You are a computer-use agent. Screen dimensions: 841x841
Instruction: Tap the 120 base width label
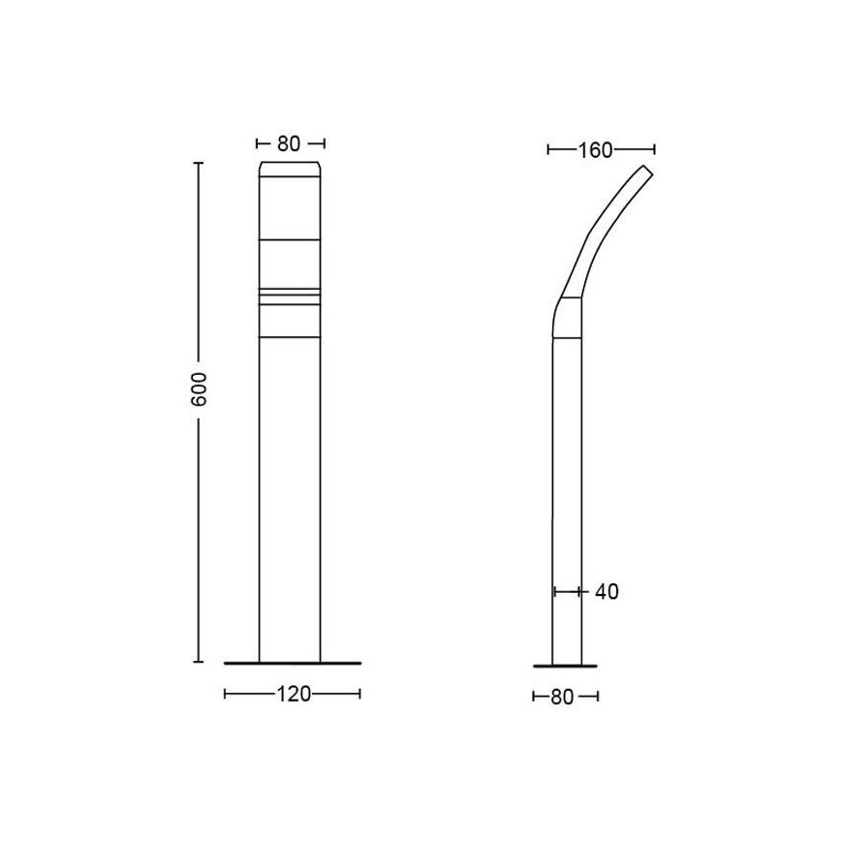294,694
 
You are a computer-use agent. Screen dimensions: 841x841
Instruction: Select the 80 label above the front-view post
289,144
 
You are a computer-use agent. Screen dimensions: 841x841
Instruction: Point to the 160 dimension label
597,150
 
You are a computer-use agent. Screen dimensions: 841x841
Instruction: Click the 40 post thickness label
606,591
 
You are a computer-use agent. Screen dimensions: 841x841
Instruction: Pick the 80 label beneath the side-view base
566,696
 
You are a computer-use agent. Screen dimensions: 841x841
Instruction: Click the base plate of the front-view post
292,663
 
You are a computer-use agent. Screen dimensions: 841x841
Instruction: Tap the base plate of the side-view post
565,665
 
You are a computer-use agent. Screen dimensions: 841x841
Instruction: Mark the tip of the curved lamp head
646,171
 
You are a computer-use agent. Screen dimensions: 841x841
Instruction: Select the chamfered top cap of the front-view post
291,171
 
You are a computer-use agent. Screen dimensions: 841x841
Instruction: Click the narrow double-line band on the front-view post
291,291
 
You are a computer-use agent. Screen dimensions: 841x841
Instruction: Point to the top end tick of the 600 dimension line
199,165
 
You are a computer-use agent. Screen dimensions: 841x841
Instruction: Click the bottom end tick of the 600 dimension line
199,662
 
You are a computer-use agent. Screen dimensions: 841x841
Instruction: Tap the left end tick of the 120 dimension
225,694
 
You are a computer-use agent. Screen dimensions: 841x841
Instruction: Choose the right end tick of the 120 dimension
359,694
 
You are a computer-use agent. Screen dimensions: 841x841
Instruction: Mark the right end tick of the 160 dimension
655,149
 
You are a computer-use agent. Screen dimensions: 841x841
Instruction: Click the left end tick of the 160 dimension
548,149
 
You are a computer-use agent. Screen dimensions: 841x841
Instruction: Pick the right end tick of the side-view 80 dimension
598,696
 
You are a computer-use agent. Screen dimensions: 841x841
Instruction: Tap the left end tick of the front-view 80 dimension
258,144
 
